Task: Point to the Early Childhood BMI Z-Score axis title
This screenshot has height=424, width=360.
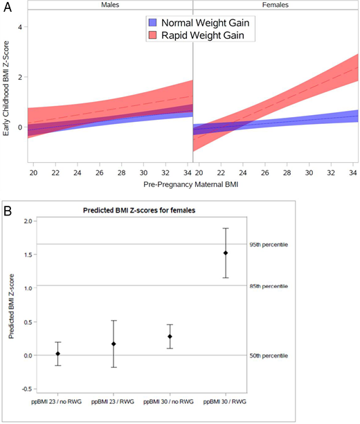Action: point(8,86)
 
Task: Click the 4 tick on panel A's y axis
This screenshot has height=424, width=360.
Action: point(20,27)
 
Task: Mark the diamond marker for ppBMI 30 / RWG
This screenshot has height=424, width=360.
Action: point(226,253)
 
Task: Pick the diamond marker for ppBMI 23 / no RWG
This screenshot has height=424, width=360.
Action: point(58,353)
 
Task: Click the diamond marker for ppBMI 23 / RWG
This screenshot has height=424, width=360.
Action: point(114,344)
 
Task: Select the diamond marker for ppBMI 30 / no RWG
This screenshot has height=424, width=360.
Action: point(170,336)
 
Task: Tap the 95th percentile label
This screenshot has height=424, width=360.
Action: point(269,245)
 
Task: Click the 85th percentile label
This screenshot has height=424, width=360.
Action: point(269,286)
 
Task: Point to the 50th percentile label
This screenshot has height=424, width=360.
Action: point(269,355)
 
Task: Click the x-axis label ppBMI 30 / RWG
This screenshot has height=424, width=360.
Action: point(226,402)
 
